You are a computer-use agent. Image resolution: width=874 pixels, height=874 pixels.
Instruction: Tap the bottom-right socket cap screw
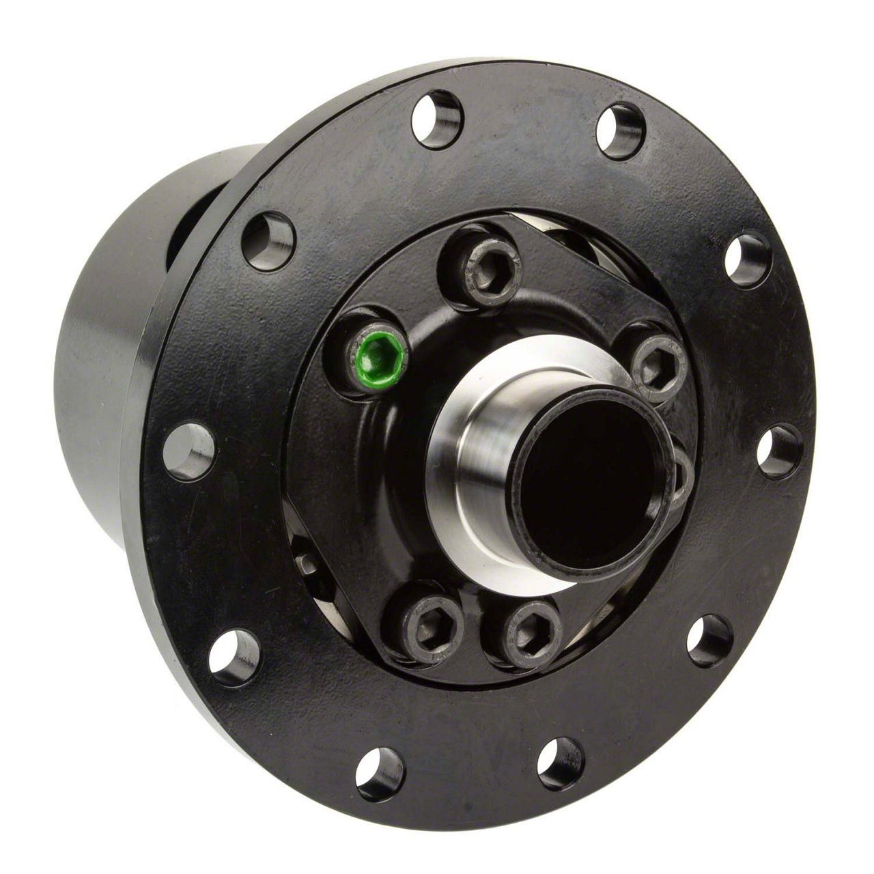pyautogui.click(x=522, y=632)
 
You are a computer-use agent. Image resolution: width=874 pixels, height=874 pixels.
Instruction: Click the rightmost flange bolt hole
pyautogui.click(x=778, y=451)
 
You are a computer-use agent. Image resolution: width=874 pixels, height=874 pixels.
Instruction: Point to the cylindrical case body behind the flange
pyautogui.click(x=102, y=410)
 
